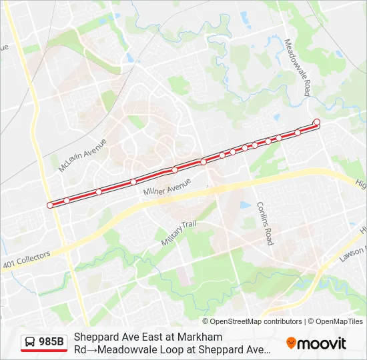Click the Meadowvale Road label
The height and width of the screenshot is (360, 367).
tap(298, 67)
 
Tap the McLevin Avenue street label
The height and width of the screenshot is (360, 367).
tap(82, 155)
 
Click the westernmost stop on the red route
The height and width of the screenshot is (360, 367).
tap(50, 205)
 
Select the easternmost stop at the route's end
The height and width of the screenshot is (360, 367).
tap(316, 121)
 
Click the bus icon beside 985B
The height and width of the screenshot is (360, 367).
tap(30, 343)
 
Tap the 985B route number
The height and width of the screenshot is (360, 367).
tap(51, 343)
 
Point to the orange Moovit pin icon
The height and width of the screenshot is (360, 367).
tap(291, 343)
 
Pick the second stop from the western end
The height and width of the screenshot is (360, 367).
tap(67, 200)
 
